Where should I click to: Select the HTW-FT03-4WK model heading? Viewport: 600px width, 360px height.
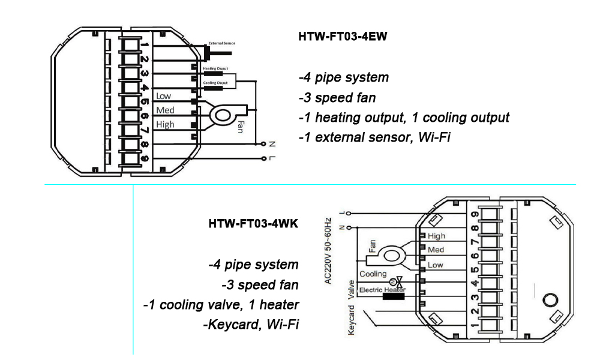(x=253, y=224)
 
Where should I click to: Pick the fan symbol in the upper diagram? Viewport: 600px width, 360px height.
(x=224, y=114)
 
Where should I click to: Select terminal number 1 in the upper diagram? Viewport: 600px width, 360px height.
(x=145, y=44)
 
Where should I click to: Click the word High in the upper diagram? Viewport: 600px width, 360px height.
(x=165, y=125)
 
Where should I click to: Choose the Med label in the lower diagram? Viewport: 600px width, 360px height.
(x=436, y=250)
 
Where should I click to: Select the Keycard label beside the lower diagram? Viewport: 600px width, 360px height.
(x=353, y=320)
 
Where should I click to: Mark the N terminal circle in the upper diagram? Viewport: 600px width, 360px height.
(x=264, y=144)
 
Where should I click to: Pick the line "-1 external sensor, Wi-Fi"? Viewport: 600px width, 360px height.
(x=374, y=137)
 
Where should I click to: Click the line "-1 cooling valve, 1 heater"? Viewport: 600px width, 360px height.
(x=221, y=305)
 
